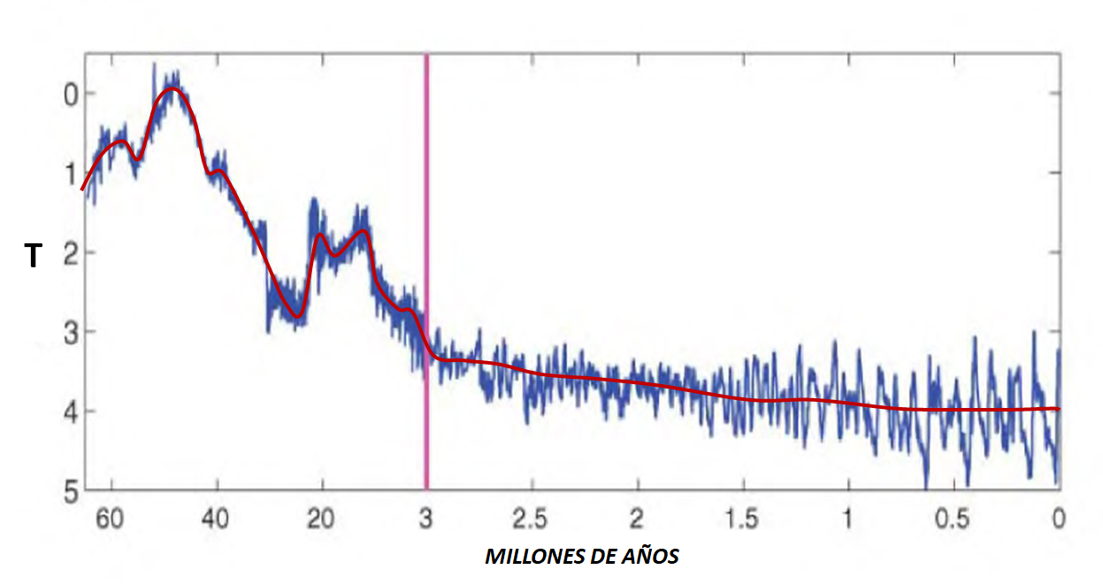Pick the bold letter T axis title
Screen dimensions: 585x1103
pyautogui.click(x=33, y=257)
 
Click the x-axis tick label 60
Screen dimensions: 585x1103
pyautogui.click(x=110, y=520)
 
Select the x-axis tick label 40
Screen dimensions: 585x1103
pyautogui.click(x=216, y=520)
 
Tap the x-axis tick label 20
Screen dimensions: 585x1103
pyautogui.click(x=321, y=520)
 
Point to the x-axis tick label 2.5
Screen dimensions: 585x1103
pyautogui.click(x=532, y=520)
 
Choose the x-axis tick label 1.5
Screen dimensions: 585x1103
pyautogui.click(x=743, y=520)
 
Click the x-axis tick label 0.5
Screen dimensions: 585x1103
pyautogui.click(x=954, y=520)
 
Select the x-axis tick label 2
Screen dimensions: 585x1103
pyautogui.click(x=637, y=520)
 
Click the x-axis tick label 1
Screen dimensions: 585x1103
pyautogui.click(x=848, y=520)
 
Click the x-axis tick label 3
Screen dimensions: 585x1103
pyautogui.click(x=426, y=520)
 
